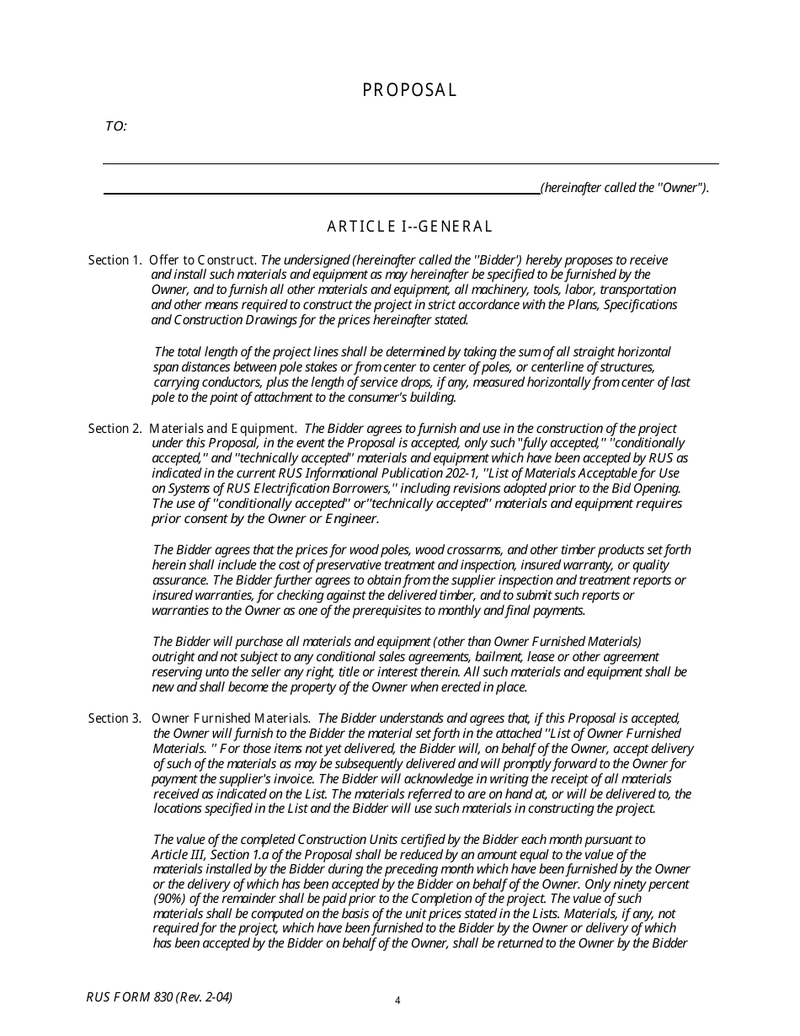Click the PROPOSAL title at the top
pyautogui.click(x=409, y=90)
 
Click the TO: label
pyautogui.click(x=115, y=126)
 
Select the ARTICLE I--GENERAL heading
pyautogui.click(x=409, y=226)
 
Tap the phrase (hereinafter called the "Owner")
pyautogui.click(x=625, y=188)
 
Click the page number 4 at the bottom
pyautogui.click(x=397, y=1001)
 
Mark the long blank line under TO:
pyautogui.click(x=410, y=163)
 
